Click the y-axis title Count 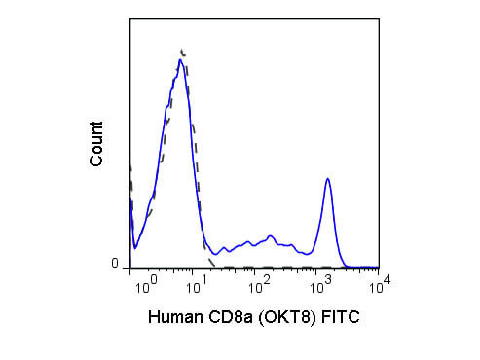96,144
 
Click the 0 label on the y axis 115,263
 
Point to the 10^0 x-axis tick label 146,285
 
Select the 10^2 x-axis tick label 259,285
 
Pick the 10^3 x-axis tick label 321,285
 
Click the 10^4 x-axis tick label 380,284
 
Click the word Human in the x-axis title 175,317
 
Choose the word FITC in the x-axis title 341,317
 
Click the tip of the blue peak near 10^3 328,178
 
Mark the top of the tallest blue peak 180,59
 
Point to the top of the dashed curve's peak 182,51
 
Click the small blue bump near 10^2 270,235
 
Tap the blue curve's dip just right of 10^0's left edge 135,248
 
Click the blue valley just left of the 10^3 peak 307,254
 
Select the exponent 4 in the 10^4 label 387,278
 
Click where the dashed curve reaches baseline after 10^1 214,266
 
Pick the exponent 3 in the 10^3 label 328,279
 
